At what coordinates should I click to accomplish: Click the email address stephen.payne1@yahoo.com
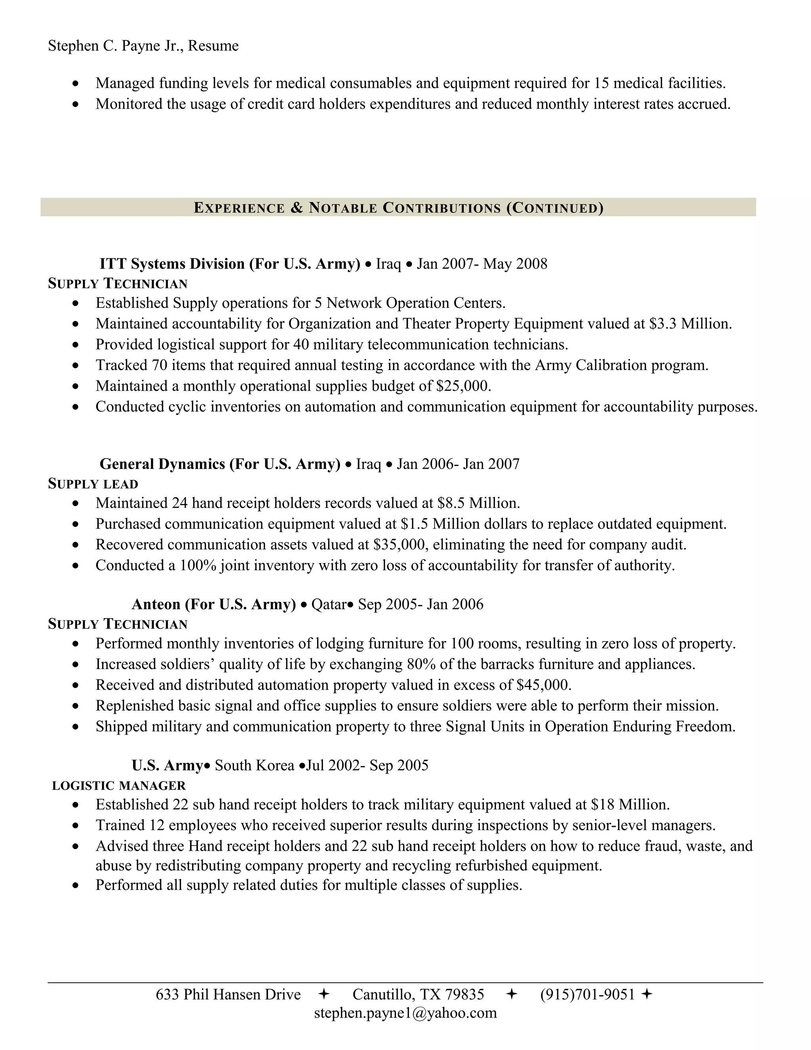click(405, 1013)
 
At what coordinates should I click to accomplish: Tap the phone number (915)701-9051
click(587, 994)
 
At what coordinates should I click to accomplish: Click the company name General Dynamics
click(162, 464)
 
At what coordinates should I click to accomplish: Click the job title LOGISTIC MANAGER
click(119, 786)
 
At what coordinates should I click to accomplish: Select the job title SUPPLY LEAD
click(93, 484)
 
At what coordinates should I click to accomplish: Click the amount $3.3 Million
click(690, 324)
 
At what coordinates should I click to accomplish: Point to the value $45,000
click(543, 685)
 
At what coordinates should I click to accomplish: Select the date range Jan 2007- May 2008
click(482, 263)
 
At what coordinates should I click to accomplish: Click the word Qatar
click(329, 604)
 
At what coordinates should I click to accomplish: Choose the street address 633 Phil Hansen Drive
click(228, 994)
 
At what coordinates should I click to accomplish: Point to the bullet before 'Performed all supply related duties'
click(75, 886)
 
